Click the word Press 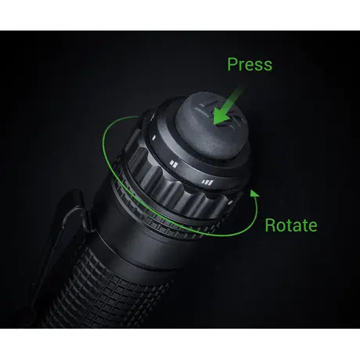tap(250, 64)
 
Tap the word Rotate tap(290, 225)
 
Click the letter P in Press tap(232, 64)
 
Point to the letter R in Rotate tap(270, 225)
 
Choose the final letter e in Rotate tap(312, 225)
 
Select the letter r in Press tap(242, 66)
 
